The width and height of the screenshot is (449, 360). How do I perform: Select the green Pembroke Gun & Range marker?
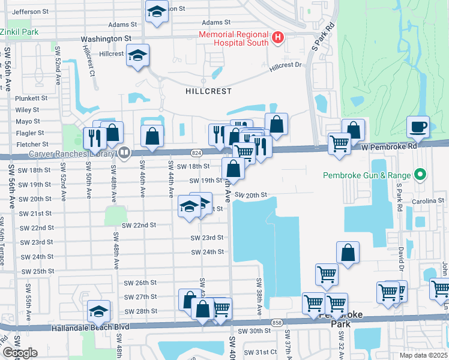coord(420,175)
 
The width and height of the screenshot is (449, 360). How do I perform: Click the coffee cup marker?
coord(418,127)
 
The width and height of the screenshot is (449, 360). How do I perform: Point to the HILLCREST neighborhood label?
coord(208,91)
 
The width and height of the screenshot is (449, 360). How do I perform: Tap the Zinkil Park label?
coord(19,31)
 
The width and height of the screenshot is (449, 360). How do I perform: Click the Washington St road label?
coord(106,38)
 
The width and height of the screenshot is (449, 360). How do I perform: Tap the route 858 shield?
coord(276,322)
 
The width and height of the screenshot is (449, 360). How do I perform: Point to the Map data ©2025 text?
coord(423,355)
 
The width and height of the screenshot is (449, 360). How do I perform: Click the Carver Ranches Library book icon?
coord(124,152)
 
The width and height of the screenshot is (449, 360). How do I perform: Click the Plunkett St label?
coord(32,98)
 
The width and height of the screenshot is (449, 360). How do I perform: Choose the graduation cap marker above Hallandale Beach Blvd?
coord(98,311)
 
